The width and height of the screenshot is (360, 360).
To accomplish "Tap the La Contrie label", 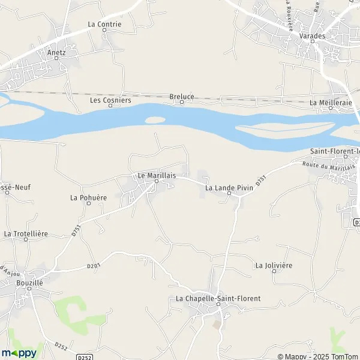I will tap(104, 25).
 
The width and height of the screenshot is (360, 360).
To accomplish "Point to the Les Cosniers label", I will tap(110, 100).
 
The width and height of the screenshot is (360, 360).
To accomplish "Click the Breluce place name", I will tap(181, 96).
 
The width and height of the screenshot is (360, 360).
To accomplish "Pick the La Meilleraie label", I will tap(330, 103).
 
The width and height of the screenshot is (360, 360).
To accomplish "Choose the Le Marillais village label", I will tap(157, 175).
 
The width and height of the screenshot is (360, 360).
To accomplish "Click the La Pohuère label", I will tap(88, 197).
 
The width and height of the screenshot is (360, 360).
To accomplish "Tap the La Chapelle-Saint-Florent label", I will tap(218, 298).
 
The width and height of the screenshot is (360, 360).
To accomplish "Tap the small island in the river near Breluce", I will tap(154, 119).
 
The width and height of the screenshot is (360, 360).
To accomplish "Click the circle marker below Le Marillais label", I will tap(157, 182).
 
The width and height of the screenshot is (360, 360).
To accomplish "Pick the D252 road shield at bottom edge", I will tap(84, 356).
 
